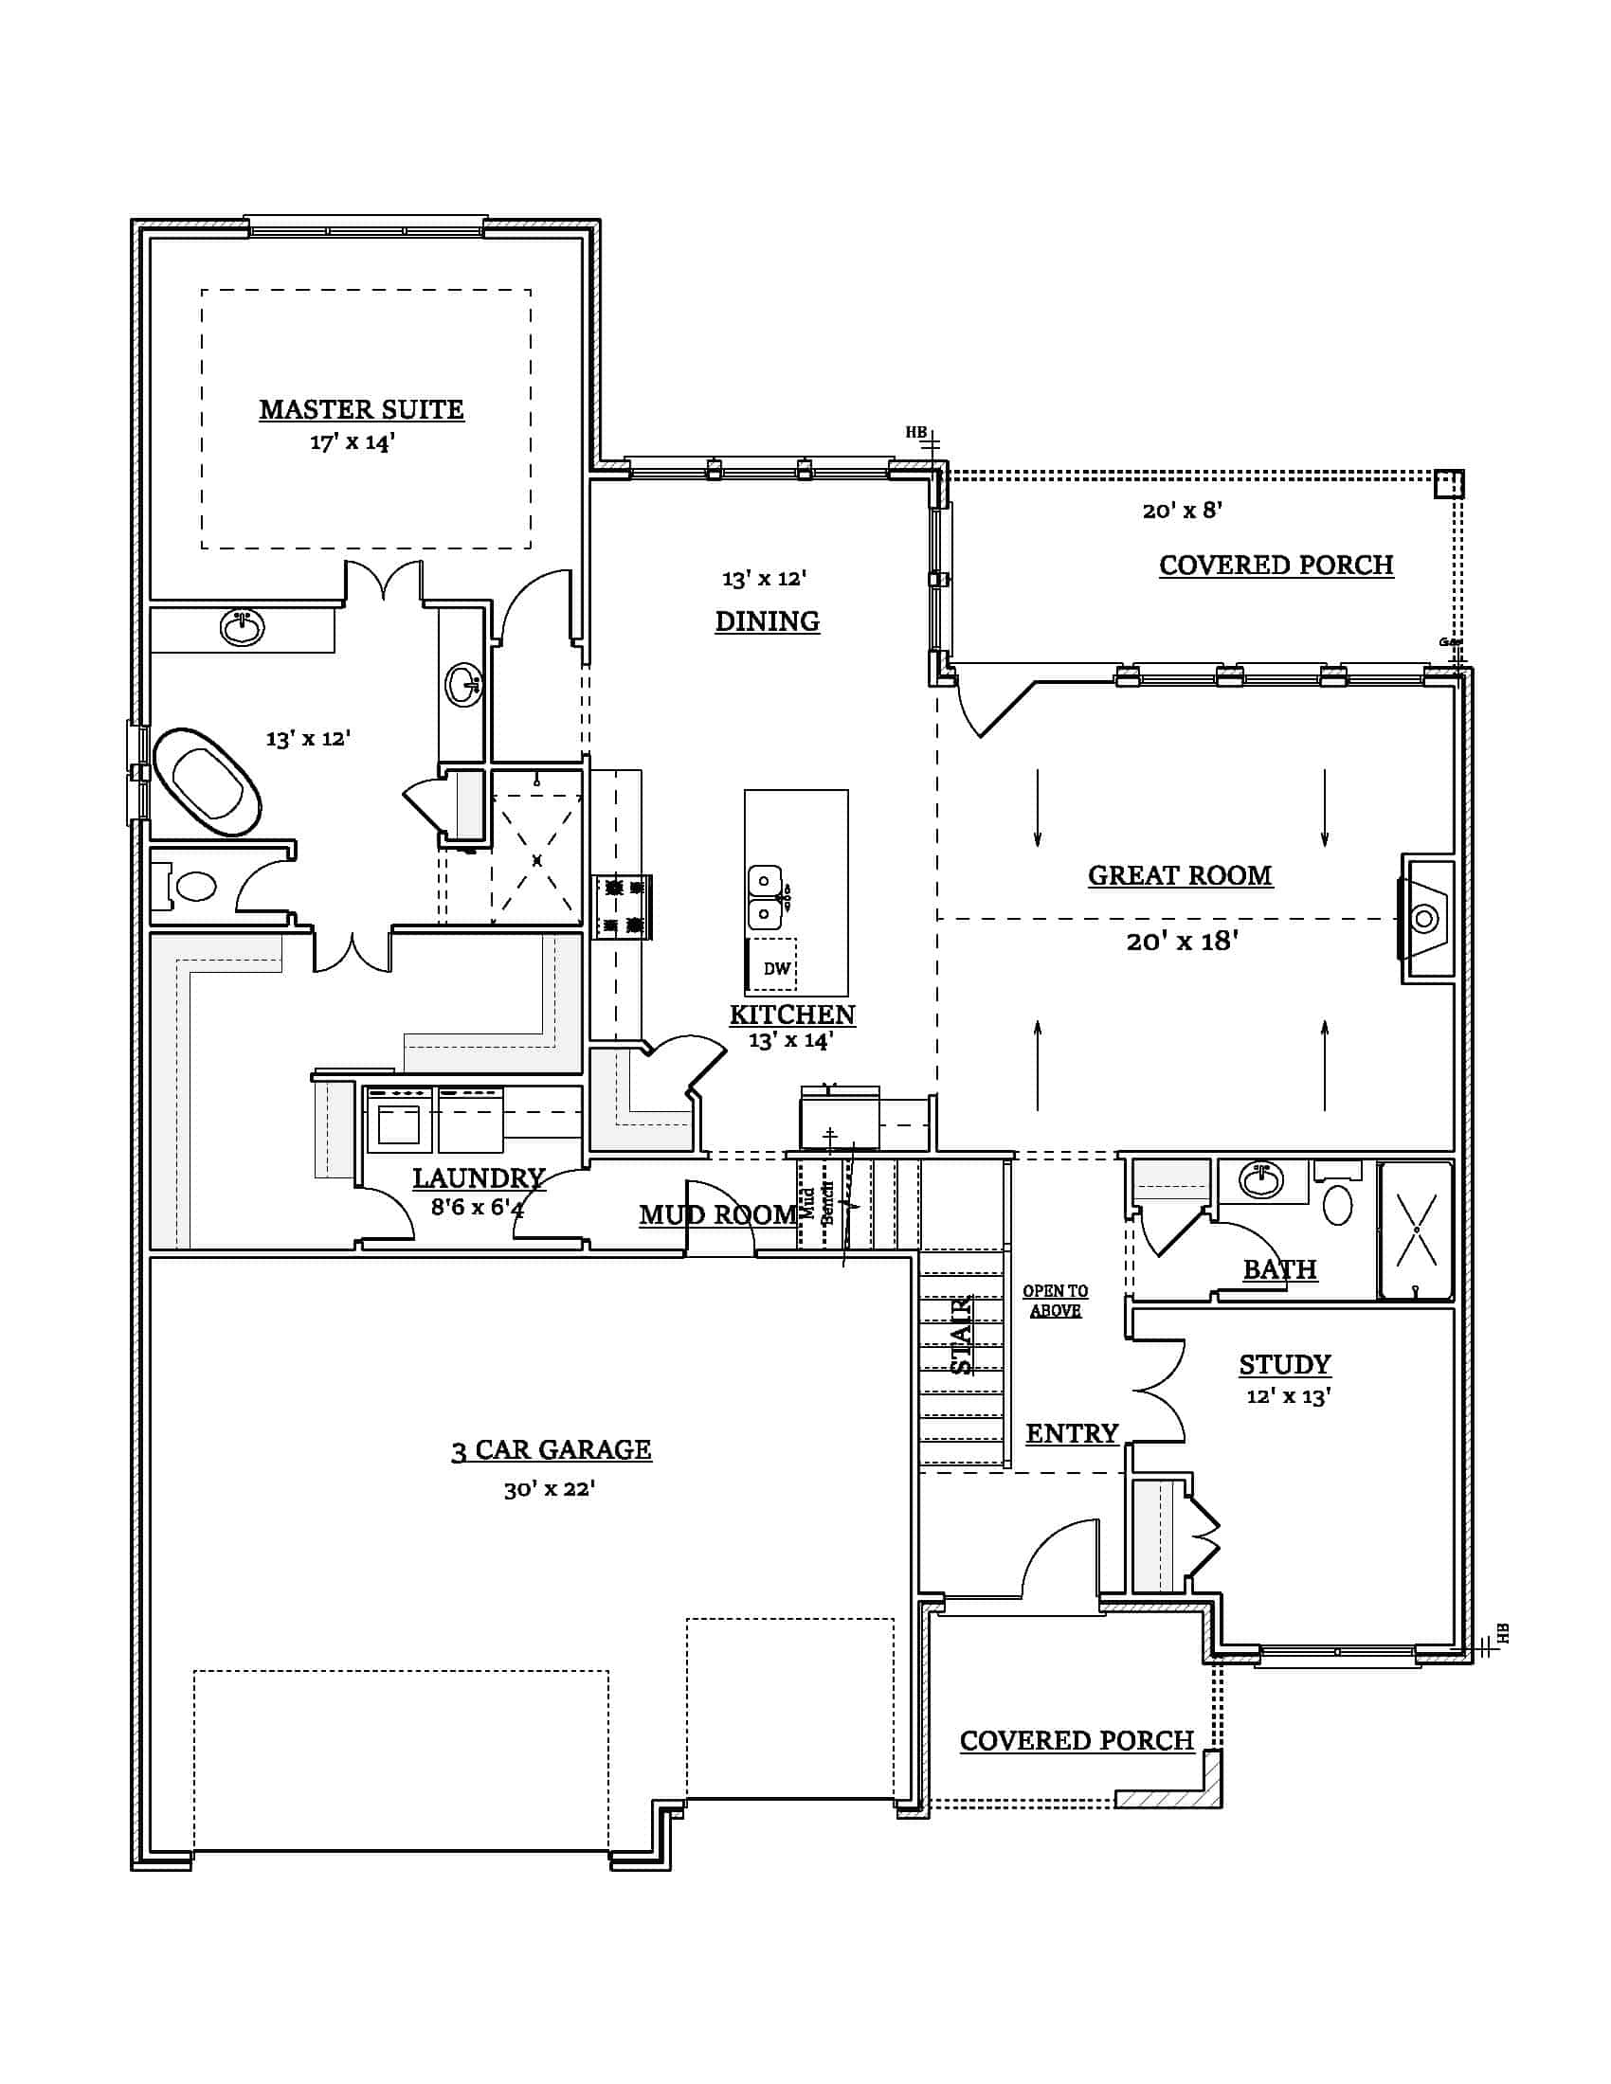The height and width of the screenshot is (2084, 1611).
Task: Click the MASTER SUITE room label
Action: point(361,409)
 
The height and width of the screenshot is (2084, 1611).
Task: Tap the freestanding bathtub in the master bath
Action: point(208,781)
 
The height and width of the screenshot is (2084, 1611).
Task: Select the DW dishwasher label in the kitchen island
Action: point(776,968)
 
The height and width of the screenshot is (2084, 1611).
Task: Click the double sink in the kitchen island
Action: point(764,897)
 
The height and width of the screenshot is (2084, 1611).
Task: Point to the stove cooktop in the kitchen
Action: point(622,907)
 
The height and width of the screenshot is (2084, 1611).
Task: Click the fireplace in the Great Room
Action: point(1426,919)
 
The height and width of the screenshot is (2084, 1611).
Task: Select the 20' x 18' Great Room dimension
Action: point(1182,942)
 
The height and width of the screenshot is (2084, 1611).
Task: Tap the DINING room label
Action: point(767,621)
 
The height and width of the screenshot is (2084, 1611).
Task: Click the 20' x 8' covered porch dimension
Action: point(1182,511)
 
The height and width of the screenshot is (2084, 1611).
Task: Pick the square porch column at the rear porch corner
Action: point(1448,484)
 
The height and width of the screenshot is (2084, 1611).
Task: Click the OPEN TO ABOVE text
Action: point(1055,1301)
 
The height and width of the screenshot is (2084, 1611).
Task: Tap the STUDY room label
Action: point(1285,1364)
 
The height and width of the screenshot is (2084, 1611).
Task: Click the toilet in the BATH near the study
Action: point(1338,1205)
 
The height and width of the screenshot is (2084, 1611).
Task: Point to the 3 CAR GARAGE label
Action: point(551,1449)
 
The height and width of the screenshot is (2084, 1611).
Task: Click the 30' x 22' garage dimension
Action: point(549,1488)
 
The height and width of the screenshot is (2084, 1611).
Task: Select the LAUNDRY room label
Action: point(479,1178)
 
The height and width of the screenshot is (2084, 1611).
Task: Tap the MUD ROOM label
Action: point(717,1214)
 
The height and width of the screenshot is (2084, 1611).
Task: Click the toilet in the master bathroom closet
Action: point(195,887)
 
